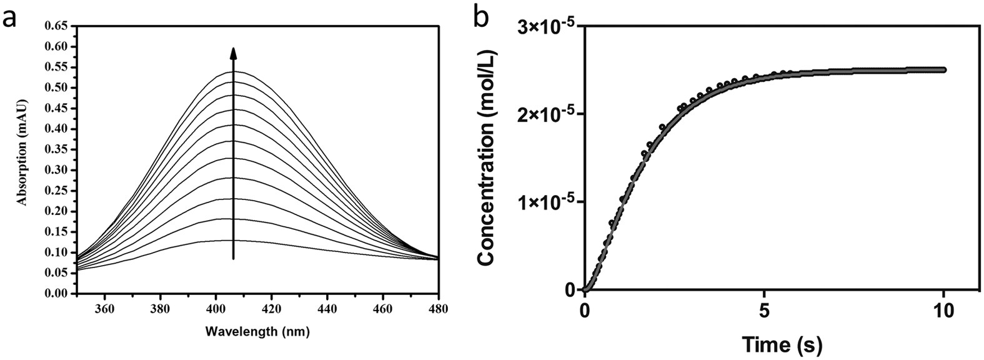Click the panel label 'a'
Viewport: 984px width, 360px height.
coord(9,18)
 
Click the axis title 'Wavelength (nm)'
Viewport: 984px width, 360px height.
coord(257,332)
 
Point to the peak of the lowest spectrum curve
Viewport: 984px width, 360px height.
coord(234,240)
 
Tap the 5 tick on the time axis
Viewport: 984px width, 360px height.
coord(764,310)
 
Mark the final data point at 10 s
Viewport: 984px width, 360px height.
coord(943,70)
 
